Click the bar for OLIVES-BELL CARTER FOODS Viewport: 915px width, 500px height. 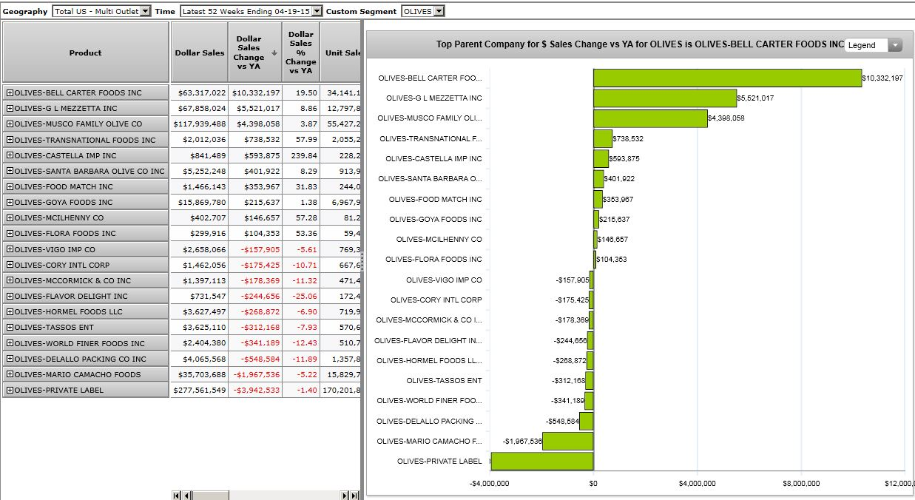tap(727, 78)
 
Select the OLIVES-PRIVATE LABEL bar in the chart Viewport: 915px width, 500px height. tap(542, 461)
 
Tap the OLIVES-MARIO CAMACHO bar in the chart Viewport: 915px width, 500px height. tap(567, 441)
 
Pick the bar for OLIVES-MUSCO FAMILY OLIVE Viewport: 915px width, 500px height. tap(650, 118)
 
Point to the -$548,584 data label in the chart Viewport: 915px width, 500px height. tap(561, 421)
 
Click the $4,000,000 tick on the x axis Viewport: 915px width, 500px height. tap(697, 483)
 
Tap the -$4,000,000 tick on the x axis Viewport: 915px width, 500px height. tap(490, 483)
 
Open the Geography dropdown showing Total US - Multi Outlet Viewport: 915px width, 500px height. tap(102, 11)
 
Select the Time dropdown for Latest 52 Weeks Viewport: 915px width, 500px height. tap(251, 11)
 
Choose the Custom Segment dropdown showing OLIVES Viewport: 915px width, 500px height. tap(422, 11)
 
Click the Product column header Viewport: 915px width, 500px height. tap(86, 53)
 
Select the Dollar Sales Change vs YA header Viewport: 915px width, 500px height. tap(249, 53)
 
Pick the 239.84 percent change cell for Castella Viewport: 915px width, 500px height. tap(300, 155)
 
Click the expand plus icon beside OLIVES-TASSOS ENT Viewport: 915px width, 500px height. tap(10, 327)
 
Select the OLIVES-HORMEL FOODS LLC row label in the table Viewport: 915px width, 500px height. tap(68, 311)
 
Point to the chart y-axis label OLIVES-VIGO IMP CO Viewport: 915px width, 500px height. tap(443, 280)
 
